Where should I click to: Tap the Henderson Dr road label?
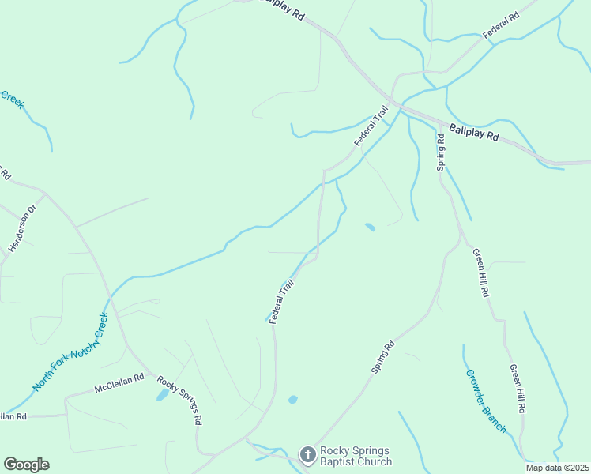coord(22,229)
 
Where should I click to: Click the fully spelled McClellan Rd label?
coord(119,383)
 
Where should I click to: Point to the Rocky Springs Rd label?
coord(179,400)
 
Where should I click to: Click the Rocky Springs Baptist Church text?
coord(356,456)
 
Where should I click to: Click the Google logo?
coord(26,465)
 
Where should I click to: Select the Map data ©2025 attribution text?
coord(558,468)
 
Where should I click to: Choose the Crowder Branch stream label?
coord(485,401)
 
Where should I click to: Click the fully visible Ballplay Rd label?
coord(474,131)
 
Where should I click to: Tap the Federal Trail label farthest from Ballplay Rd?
coord(282,300)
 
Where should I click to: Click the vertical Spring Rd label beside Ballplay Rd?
coord(441,152)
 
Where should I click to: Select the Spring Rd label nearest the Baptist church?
coord(382,357)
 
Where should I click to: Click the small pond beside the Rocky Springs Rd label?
coord(163,394)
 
